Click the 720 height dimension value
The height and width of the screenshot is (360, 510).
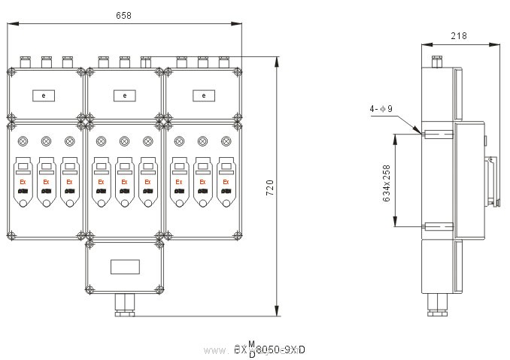[271, 187]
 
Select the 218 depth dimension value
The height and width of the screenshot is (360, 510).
[460, 35]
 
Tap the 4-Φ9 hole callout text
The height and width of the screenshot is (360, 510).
[381, 109]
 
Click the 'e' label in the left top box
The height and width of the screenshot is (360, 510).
[44, 95]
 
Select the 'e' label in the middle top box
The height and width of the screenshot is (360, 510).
[124, 95]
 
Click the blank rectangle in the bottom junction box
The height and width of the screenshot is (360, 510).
[124, 266]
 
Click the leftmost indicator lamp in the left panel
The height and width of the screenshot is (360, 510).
[23, 141]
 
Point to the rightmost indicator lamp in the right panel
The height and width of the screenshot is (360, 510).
[225, 141]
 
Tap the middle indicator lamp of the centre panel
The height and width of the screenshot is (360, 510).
[124, 141]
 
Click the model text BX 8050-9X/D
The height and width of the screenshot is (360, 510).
[271, 349]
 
